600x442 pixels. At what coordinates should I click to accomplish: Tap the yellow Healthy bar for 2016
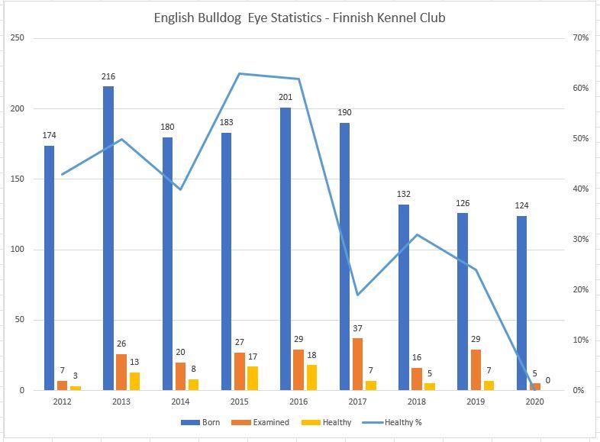pos(312,377)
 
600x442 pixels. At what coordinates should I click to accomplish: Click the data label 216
pos(108,76)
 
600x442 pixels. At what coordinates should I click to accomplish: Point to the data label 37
pos(358,329)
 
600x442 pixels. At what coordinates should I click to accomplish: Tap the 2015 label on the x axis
pos(239,401)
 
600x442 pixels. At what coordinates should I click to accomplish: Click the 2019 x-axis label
pos(476,401)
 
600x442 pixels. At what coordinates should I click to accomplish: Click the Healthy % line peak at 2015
pos(239,73)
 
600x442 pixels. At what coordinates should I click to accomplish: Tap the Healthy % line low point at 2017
pos(357,295)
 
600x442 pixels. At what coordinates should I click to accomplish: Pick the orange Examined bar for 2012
pos(62,385)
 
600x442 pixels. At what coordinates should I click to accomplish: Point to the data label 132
pos(403,194)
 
